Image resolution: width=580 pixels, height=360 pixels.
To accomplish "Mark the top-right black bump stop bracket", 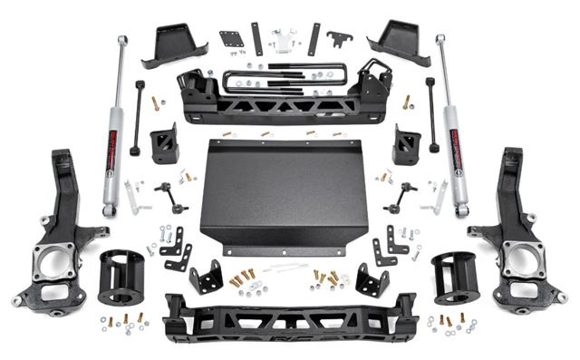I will [x=399, y=42].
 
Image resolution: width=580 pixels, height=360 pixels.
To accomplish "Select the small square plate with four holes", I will [x=231, y=40].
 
